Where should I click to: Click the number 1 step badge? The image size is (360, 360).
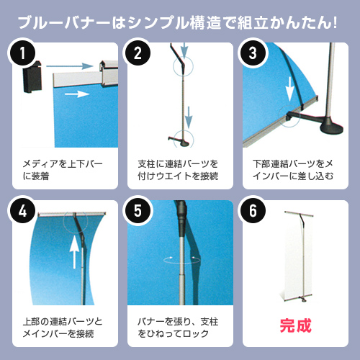22,53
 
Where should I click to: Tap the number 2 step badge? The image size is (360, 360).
138,53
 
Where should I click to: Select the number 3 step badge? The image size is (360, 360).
253,53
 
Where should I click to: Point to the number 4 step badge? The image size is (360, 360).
22,210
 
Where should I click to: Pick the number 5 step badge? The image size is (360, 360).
138,210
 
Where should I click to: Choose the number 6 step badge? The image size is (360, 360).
253,210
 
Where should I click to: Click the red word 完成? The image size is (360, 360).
295,325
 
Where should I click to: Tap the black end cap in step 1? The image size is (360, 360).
32,77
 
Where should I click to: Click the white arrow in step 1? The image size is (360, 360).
77,94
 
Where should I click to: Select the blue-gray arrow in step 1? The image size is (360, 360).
70,66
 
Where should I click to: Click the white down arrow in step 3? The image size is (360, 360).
290,89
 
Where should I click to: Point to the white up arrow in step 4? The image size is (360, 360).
74,252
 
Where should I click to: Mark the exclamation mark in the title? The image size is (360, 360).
335,23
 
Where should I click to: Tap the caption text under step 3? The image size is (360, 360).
293,170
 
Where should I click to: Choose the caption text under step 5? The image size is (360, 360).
178,328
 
